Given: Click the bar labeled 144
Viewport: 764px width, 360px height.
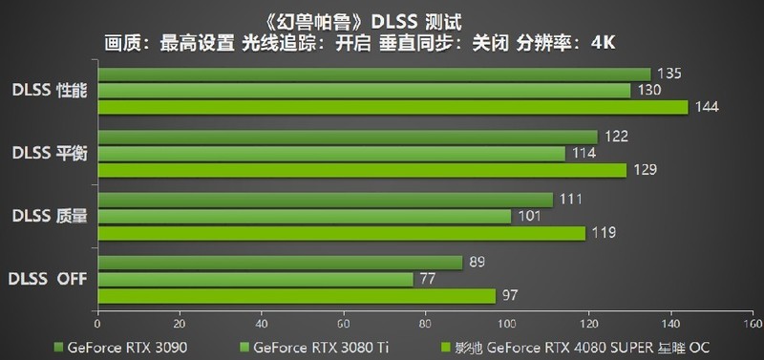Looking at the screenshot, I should pyautogui.click(x=392, y=107).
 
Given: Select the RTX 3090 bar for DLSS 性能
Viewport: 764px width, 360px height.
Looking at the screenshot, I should pyautogui.click(x=373, y=74).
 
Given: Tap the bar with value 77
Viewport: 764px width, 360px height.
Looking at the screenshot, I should pyautogui.click(x=255, y=279).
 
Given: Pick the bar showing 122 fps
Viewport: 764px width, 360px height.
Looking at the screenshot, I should pyautogui.click(x=347, y=137).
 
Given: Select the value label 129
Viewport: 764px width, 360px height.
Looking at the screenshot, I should pyautogui.click(x=643, y=170).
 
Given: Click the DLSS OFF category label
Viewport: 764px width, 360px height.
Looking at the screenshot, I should pyautogui.click(x=49, y=279).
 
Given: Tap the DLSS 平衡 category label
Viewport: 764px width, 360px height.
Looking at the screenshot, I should pyautogui.click(x=49, y=153).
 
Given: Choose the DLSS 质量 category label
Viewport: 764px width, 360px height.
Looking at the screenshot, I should pyautogui.click(x=49, y=216).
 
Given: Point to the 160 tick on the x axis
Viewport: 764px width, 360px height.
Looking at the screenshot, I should pyautogui.click(x=752, y=322).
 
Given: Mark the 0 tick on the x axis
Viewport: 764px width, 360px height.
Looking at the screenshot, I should pyautogui.click(x=97, y=322).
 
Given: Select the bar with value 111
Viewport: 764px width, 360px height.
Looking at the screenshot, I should pyautogui.click(x=325, y=200).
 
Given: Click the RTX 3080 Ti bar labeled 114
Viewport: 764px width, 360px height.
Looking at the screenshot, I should pyautogui.click(x=330, y=153).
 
